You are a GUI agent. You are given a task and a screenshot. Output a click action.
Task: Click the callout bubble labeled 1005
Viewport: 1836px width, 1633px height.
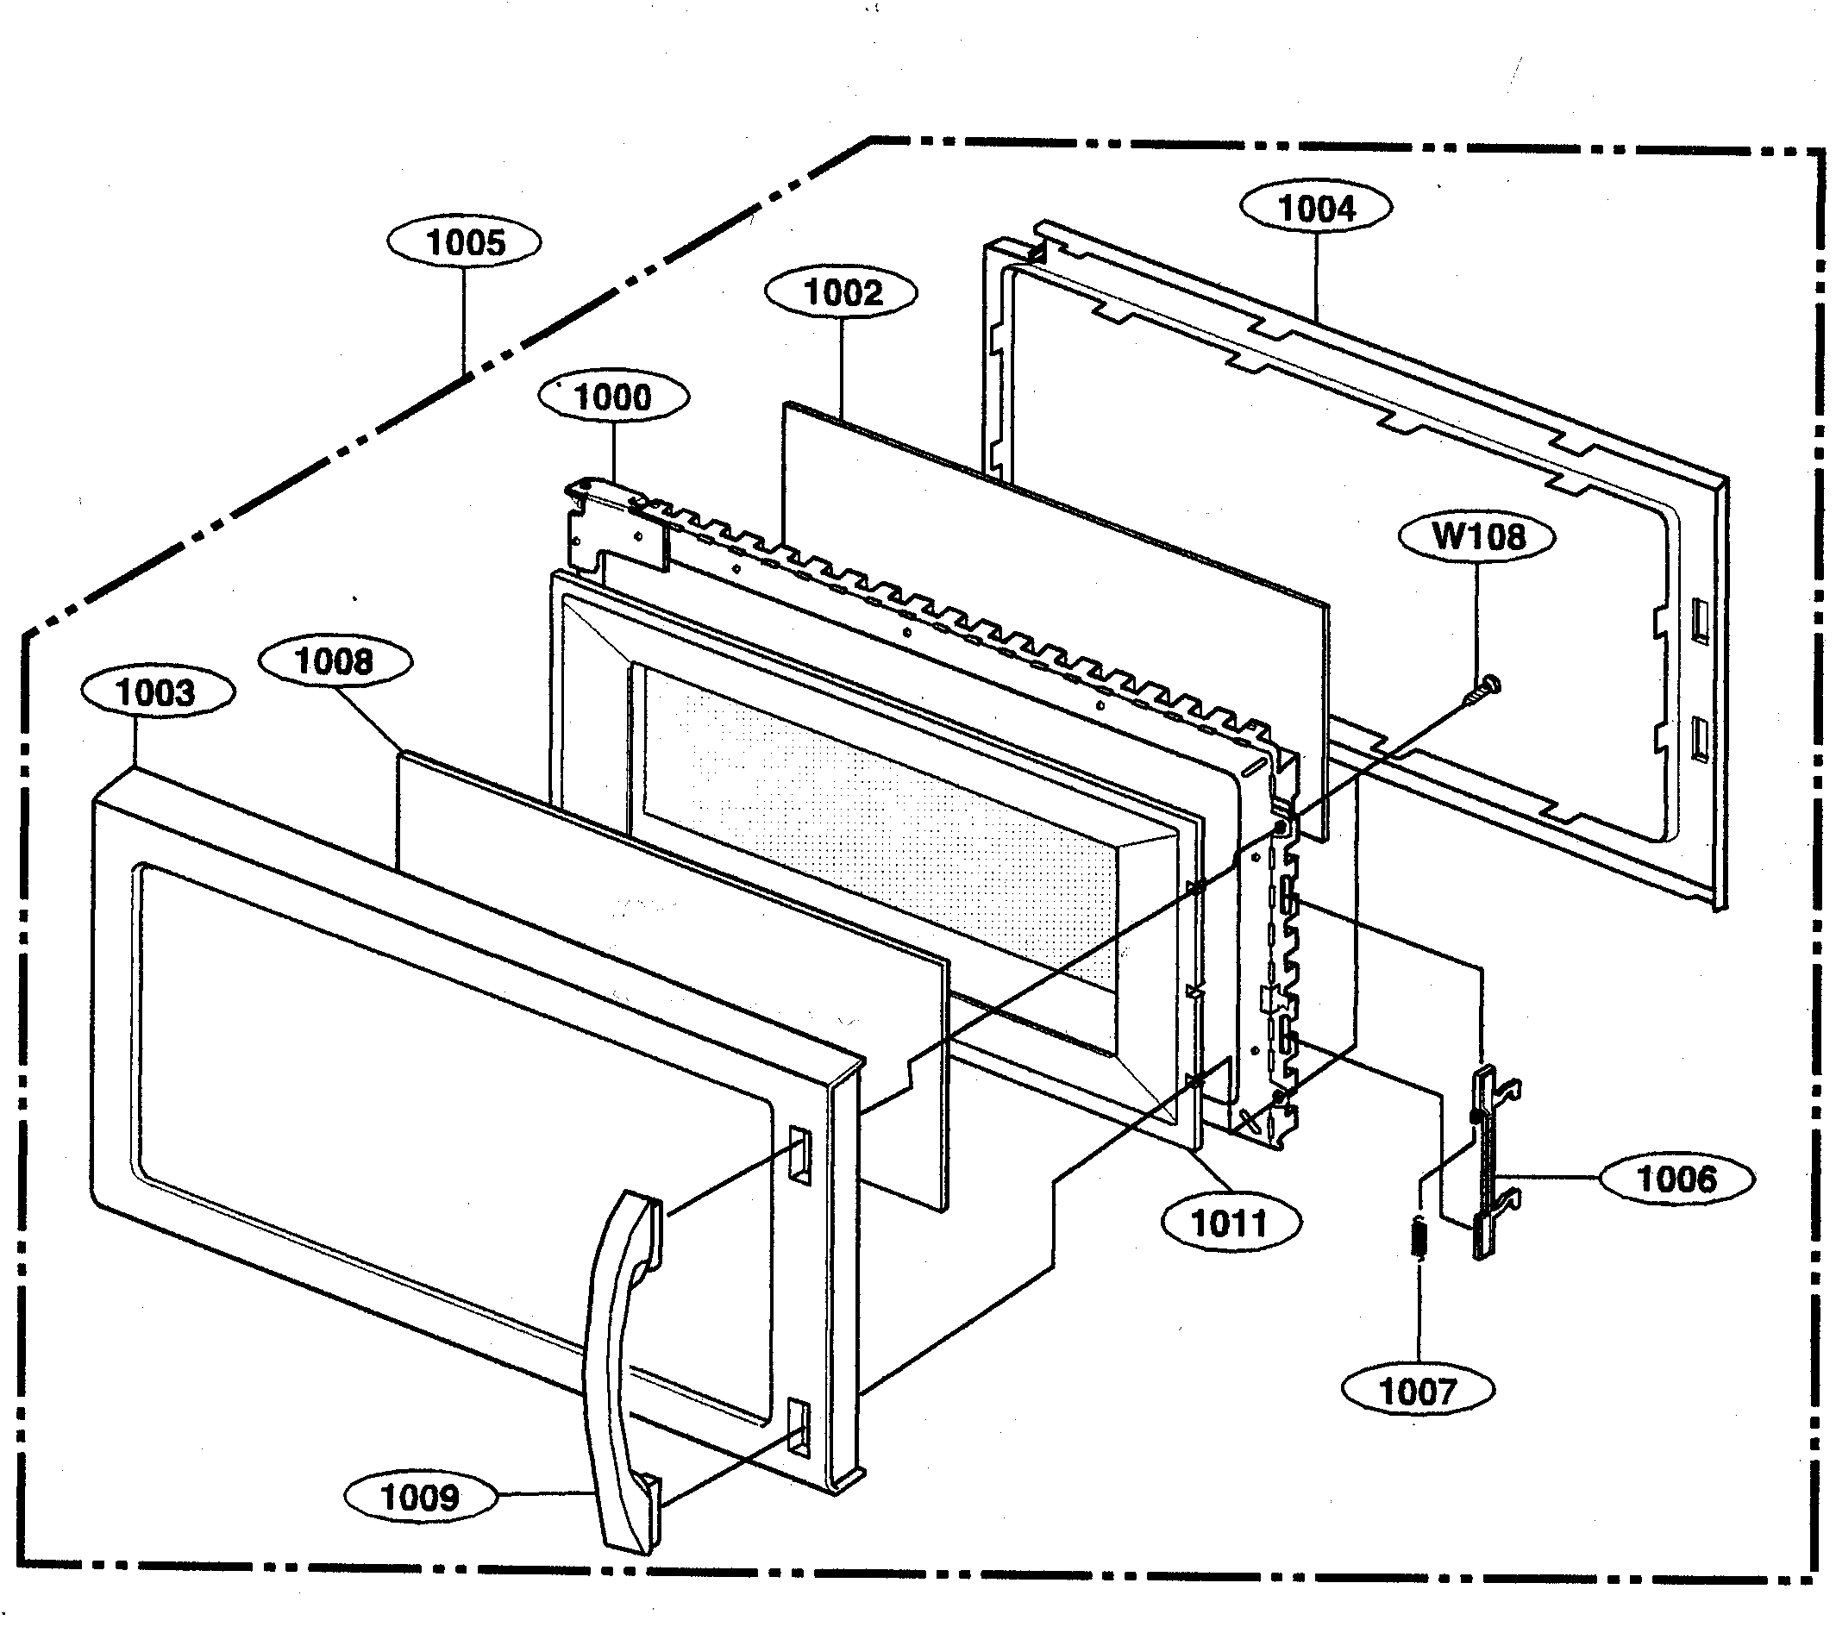464,242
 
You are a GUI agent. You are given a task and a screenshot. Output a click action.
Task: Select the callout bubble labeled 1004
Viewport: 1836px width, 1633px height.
1316,209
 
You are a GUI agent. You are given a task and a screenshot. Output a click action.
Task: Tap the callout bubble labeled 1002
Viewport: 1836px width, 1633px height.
842,293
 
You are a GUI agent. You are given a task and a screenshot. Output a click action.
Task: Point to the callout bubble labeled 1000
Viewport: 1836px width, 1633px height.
613,397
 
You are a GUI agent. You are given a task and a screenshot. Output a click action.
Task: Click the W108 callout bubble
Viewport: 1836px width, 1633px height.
1477,537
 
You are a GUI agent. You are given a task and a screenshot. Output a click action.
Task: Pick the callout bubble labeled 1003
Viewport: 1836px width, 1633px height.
156,692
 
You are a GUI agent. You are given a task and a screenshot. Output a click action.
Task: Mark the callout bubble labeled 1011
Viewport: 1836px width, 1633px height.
1230,1223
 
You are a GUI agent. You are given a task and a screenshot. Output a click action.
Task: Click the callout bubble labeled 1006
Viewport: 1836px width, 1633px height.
1676,1178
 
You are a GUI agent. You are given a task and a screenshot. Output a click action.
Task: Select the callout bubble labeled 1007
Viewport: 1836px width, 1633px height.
1418,1392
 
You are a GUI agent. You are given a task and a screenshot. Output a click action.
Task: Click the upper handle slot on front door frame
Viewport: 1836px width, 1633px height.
798,1154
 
